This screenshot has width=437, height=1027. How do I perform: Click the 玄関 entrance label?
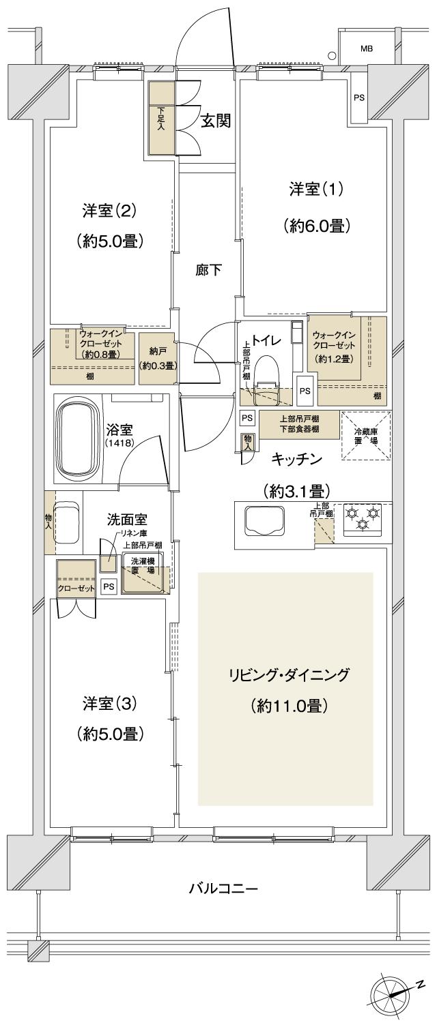coord(214,121)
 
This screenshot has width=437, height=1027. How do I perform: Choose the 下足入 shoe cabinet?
coord(161,117)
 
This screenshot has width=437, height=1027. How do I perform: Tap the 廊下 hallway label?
coord(208,269)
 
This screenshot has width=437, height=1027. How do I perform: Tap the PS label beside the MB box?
coord(358,98)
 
